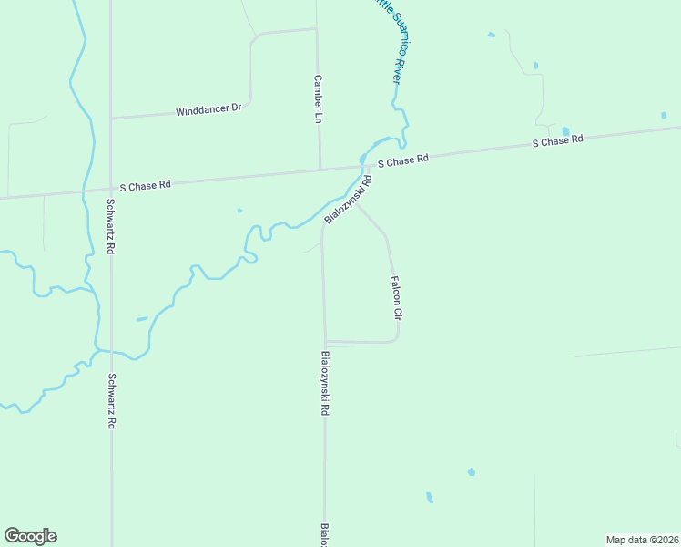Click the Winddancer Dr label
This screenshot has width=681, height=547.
[x=208, y=109]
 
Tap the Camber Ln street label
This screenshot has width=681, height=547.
[x=318, y=99]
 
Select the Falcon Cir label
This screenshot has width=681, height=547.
[x=396, y=297]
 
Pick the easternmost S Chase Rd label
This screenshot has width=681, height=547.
[x=557, y=142]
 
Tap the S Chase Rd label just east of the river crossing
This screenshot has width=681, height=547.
[x=402, y=160]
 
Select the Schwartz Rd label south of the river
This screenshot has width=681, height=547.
[x=111, y=401]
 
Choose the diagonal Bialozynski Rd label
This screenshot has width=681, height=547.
[x=349, y=201]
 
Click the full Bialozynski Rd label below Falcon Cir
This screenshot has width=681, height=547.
[x=324, y=384]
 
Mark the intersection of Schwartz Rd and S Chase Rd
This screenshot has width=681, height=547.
[x=110, y=188]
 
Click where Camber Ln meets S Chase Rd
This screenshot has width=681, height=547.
[x=320, y=169]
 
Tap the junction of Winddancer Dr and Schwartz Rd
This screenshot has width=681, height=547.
[x=110, y=119]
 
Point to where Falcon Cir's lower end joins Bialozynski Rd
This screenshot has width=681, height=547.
[x=325, y=343]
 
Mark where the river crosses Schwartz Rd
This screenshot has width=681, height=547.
[x=110, y=351]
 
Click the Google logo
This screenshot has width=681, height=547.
[x=30, y=536]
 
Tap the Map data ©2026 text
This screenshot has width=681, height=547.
[x=643, y=540]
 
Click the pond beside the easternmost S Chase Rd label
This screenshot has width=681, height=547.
[x=565, y=131]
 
